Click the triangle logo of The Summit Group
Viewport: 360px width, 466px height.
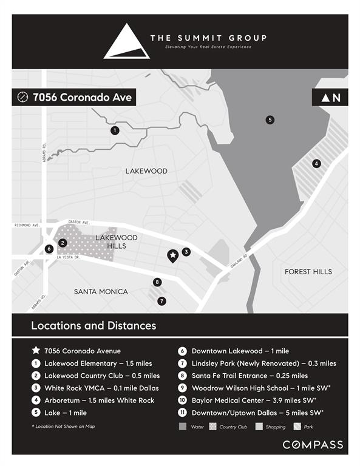[x=126, y=42]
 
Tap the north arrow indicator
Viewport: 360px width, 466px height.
[x=331, y=97]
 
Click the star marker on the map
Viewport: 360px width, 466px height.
[x=172, y=255]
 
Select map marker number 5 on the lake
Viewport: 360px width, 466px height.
[x=270, y=120]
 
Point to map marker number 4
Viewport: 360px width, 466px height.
[x=316, y=163]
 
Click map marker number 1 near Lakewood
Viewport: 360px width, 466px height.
[x=115, y=130]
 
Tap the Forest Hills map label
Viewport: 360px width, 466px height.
[x=308, y=271]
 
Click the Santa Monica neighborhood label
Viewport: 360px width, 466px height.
[x=101, y=291]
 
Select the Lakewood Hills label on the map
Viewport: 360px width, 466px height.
[x=117, y=241]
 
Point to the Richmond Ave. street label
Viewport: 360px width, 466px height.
[x=27, y=225]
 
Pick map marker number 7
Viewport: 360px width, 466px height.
[x=161, y=301]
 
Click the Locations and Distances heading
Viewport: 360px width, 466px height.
[x=93, y=326]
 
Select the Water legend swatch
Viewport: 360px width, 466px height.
[x=183, y=427]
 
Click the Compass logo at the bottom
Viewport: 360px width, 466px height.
[x=312, y=445]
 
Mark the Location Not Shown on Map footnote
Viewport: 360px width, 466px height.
[x=63, y=427]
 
